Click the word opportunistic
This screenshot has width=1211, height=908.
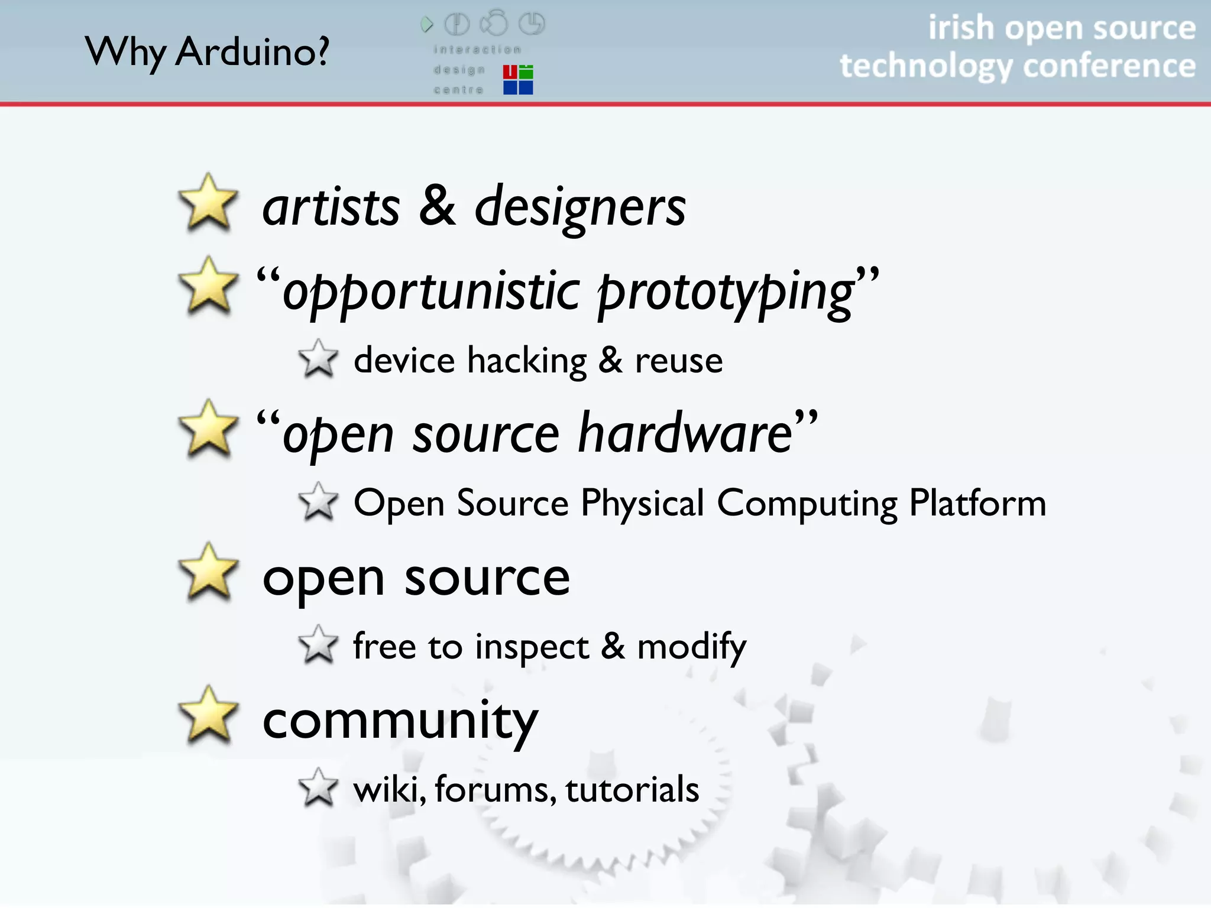[431, 291]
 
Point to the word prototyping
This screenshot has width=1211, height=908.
[726, 291]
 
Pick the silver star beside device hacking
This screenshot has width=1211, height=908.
[318, 359]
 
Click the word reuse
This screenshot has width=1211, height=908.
[679, 361]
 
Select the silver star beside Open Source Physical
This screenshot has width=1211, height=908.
[318, 502]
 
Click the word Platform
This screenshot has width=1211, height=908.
[977, 503]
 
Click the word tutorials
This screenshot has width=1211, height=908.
[632, 789]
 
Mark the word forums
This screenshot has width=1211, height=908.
[495, 789]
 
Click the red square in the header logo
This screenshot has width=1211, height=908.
[510, 72]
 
